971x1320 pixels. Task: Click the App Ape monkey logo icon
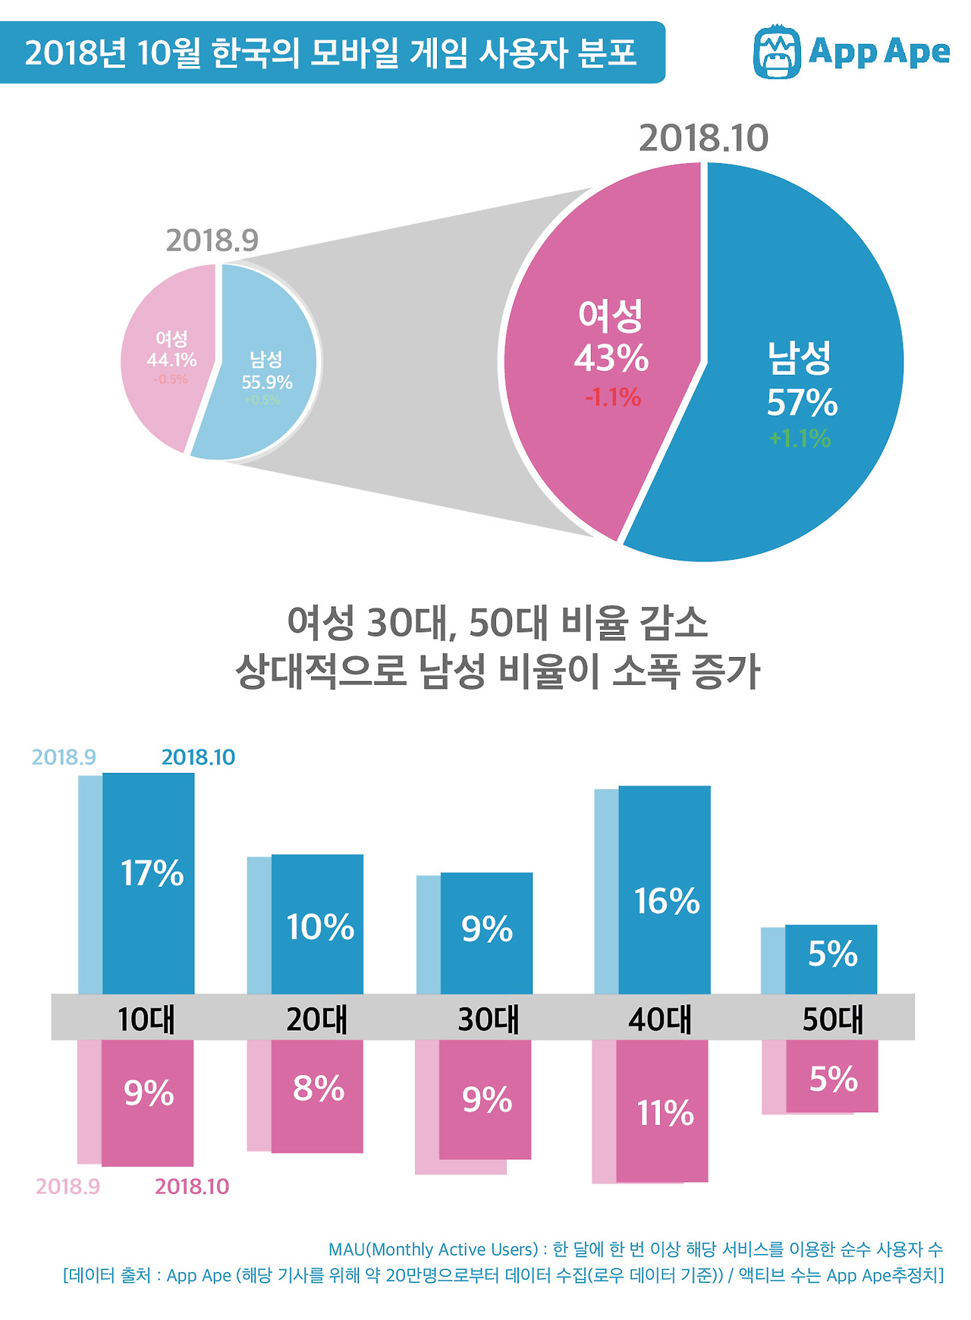(x=777, y=52)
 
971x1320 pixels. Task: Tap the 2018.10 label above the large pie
(x=703, y=138)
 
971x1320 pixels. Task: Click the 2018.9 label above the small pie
(x=212, y=240)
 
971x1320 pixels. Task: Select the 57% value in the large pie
(x=802, y=403)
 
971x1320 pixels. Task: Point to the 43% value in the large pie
(x=611, y=358)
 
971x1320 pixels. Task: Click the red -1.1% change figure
(x=613, y=397)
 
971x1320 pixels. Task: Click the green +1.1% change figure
(x=800, y=438)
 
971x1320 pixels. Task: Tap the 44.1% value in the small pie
(x=171, y=360)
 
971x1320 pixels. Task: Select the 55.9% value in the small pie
(x=267, y=382)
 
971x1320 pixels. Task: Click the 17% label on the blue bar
(x=152, y=873)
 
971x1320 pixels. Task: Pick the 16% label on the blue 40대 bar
(x=667, y=901)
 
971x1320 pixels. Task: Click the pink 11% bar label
(x=665, y=1113)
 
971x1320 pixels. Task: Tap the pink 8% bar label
(x=319, y=1089)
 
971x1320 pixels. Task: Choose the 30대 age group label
(x=489, y=1019)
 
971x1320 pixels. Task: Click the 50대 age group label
(x=833, y=1019)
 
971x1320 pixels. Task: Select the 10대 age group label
(x=146, y=1019)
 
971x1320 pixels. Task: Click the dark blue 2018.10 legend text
(x=198, y=757)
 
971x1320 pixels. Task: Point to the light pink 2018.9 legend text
(x=68, y=1186)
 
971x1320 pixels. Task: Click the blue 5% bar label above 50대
(x=832, y=954)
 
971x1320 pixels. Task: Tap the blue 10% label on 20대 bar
(x=319, y=927)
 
